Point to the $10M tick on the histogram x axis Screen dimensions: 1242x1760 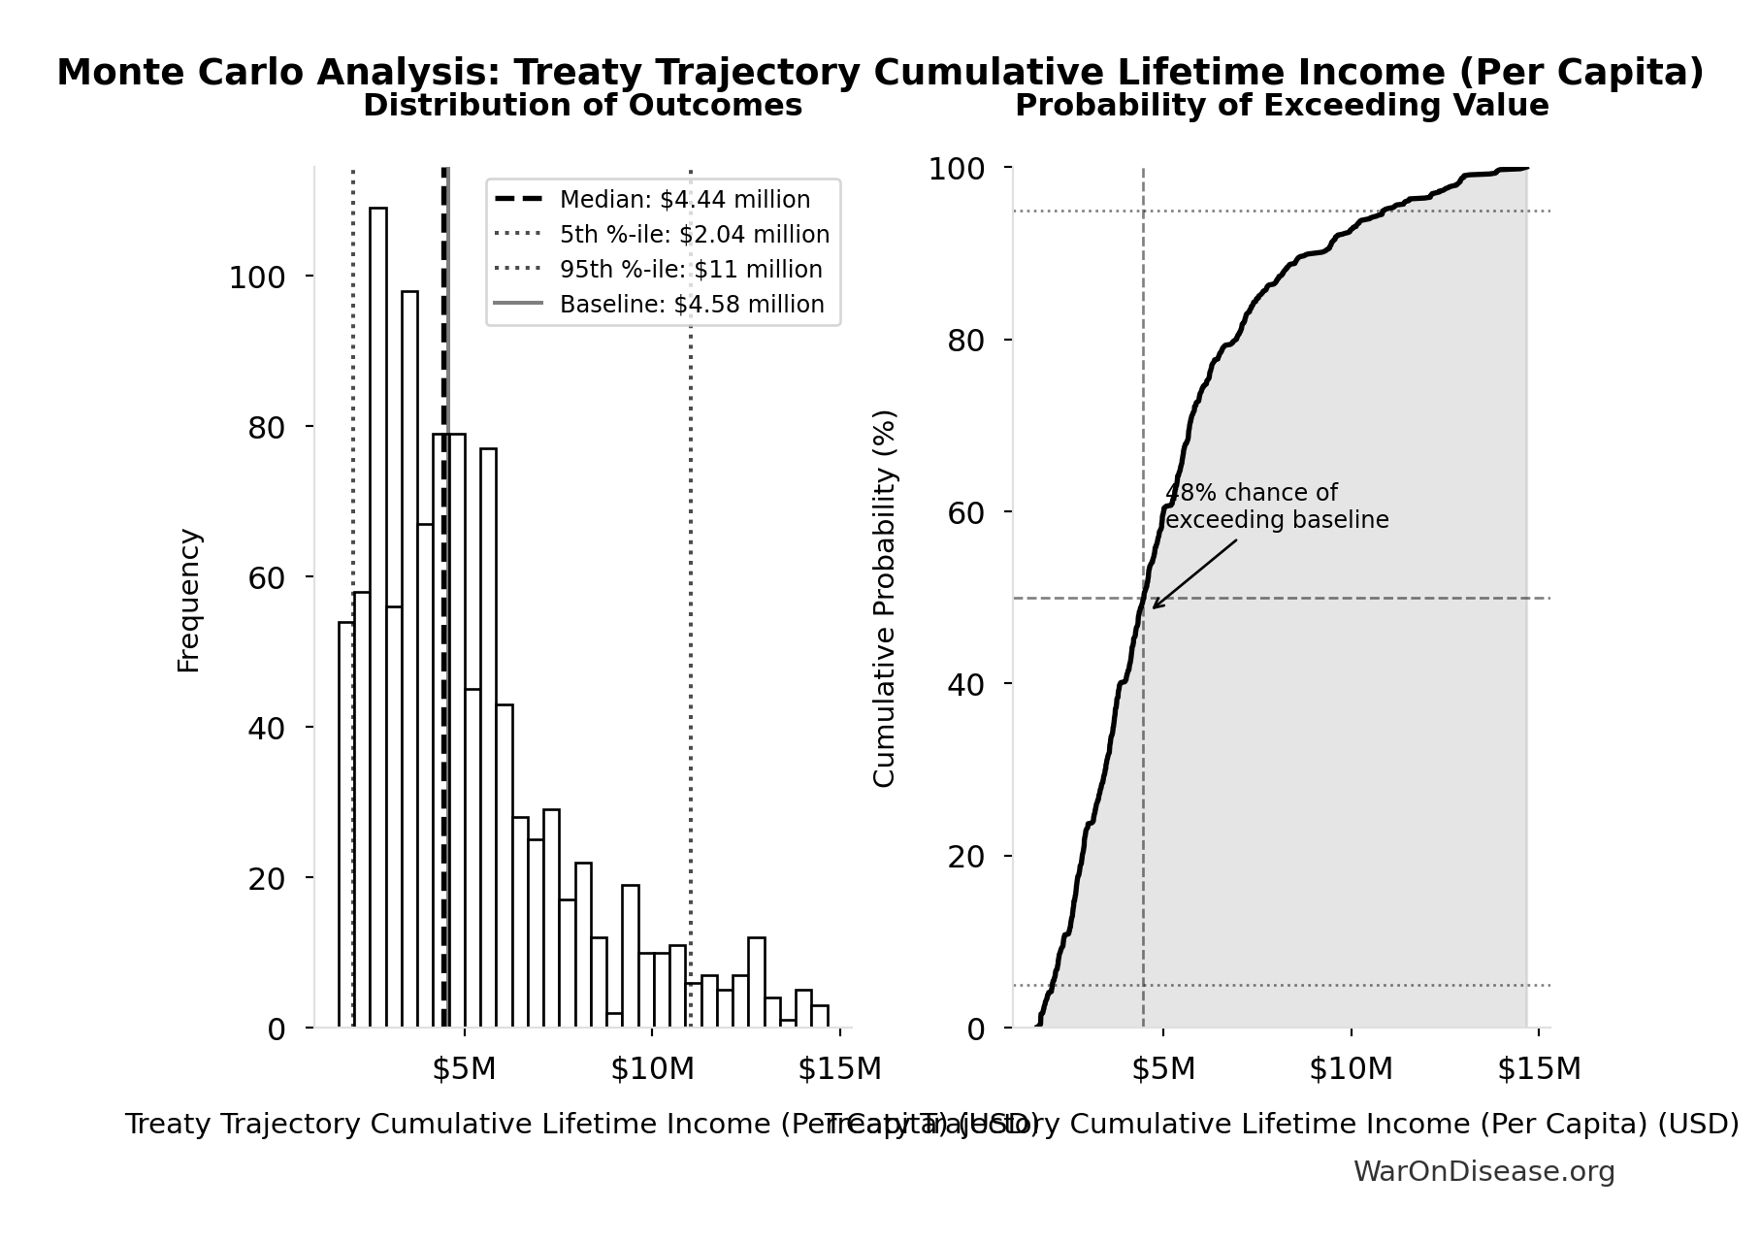coord(652,1069)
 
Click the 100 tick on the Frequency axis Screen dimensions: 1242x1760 coord(257,278)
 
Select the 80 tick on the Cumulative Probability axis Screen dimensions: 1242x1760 coord(965,341)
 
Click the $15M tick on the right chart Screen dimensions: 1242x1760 coord(1539,1069)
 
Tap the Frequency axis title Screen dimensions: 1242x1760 coord(188,600)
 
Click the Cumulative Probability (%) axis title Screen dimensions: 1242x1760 coord(884,598)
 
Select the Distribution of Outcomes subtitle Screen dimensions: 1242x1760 coord(582,106)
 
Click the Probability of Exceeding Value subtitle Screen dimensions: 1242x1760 coord(1281,106)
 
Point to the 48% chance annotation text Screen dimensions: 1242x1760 coord(1276,507)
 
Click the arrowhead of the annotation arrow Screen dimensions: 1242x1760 coord(1156,606)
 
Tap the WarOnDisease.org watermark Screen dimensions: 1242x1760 coord(1483,1172)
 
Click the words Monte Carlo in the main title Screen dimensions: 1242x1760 coord(183,73)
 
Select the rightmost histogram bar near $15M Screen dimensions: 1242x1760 coord(820,1016)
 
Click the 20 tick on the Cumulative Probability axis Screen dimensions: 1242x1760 coord(965,857)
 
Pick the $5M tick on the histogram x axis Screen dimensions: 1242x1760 coord(464,1069)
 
